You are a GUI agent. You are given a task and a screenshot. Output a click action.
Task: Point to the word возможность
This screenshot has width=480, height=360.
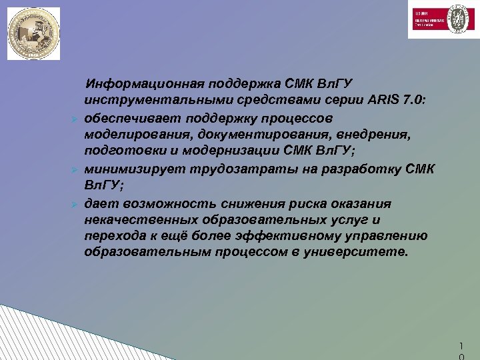163,203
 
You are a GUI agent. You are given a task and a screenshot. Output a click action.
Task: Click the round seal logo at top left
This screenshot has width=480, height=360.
33,33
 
